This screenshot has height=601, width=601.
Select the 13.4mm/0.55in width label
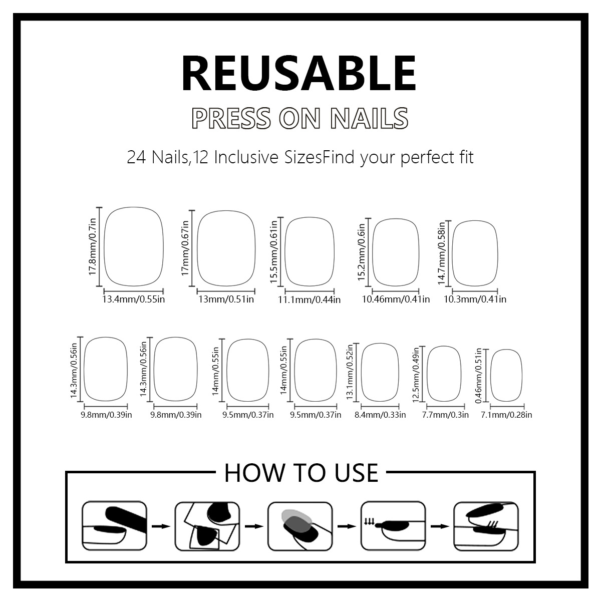point(133,299)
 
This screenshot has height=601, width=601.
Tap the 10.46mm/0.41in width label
point(396,299)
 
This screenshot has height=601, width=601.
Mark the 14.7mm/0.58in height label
point(442,253)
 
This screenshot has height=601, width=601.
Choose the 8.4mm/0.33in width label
point(380,415)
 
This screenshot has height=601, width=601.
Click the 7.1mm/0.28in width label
point(506,415)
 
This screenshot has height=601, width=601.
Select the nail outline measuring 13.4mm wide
point(134,246)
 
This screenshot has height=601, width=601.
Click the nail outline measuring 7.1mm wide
point(506,375)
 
